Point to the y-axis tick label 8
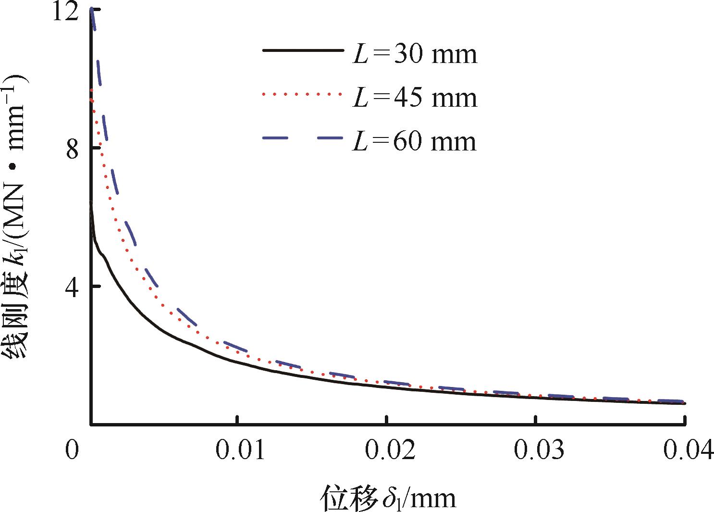[72, 150]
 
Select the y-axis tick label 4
[72, 287]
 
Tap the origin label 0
[72, 451]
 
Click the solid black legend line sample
[303, 50]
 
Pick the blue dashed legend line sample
[303, 138]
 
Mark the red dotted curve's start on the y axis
[91, 91]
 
